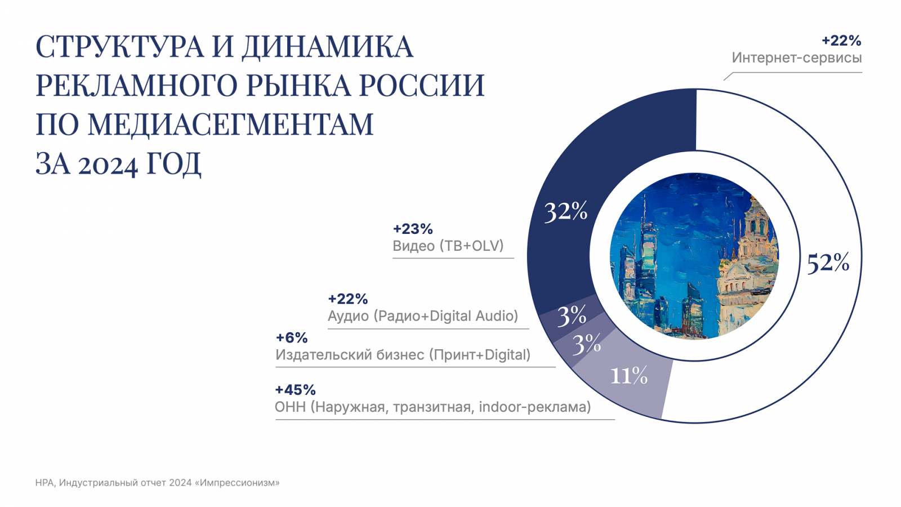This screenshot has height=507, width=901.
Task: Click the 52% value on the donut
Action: coord(828,263)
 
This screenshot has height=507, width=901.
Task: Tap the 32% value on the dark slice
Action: coord(565,212)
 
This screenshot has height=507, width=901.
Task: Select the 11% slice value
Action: coord(629,376)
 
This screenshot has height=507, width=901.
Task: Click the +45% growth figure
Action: coord(295,390)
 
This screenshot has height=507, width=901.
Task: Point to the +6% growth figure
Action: coord(292,338)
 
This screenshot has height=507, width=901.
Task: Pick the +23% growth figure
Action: coord(413,229)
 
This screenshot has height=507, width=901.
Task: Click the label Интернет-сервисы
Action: coord(796,58)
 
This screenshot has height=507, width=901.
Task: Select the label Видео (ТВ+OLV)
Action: coord(448,246)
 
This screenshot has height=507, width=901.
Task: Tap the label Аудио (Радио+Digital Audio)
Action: coord(423,316)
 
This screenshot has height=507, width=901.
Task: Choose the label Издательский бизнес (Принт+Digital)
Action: coord(403,355)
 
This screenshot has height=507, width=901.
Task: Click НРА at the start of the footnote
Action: coord(44,483)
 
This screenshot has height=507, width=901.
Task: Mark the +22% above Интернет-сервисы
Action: coord(841,41)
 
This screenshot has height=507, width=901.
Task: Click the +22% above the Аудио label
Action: coord(347,299)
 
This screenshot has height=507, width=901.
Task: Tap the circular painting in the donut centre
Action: coord(694,256)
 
